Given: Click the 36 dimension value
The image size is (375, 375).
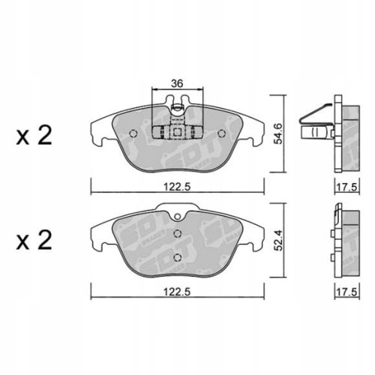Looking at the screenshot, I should pos(177,84).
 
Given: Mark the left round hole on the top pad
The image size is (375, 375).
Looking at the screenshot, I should pos(132,134).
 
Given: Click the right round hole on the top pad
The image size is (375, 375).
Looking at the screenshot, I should pos(221,134).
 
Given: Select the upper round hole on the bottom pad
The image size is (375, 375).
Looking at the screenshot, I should pos(177,234).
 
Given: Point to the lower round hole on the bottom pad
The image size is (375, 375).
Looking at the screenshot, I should pos(177,259).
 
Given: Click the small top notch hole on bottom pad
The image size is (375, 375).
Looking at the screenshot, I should pos(177,217).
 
